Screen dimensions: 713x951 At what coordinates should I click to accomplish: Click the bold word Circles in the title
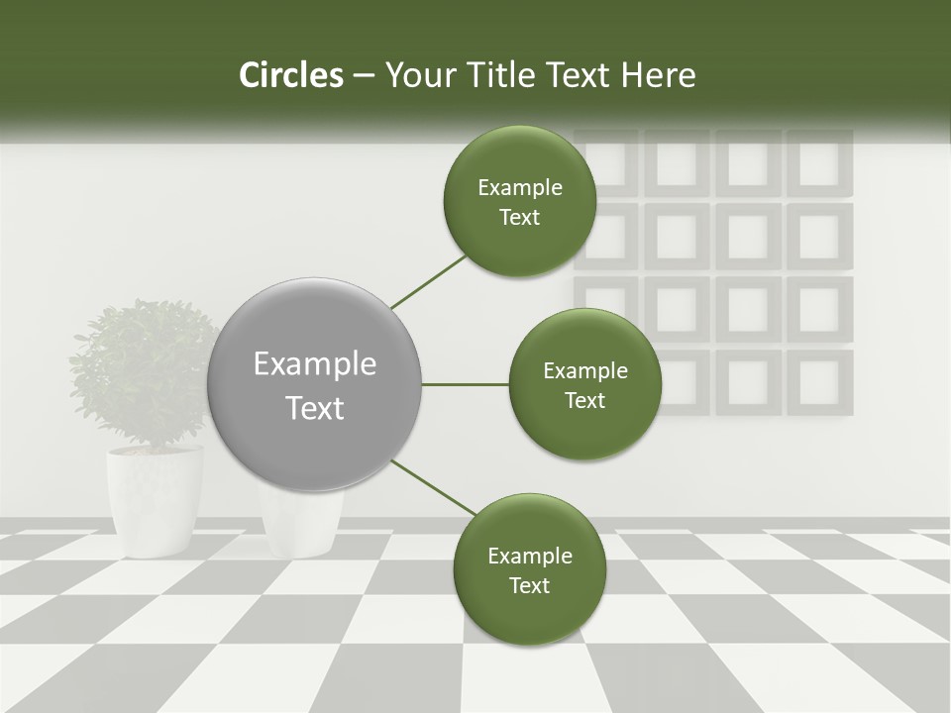(x=290, y=75)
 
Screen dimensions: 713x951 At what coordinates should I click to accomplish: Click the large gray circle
(x=315, y=385)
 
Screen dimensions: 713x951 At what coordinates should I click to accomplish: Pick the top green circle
(x=519, y=202)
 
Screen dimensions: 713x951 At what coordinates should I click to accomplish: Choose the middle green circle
(x=585, y=385)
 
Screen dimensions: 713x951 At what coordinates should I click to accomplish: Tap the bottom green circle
(x=529, y=569)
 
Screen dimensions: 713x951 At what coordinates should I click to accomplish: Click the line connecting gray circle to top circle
(x=429, y=281)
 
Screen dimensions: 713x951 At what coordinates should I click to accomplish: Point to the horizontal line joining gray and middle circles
(x=465, y=384)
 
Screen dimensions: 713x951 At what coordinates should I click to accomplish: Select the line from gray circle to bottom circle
(x=433, y=486)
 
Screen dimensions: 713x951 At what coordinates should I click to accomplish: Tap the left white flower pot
(x=155, y=500)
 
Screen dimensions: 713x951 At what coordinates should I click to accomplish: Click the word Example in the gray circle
(x=315, y=364)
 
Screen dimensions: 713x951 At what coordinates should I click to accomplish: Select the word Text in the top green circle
(x=519, y=218)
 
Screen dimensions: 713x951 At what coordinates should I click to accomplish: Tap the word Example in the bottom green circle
(x=530, y=557)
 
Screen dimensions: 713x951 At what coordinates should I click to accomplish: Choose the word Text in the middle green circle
(x=585, y=401)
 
